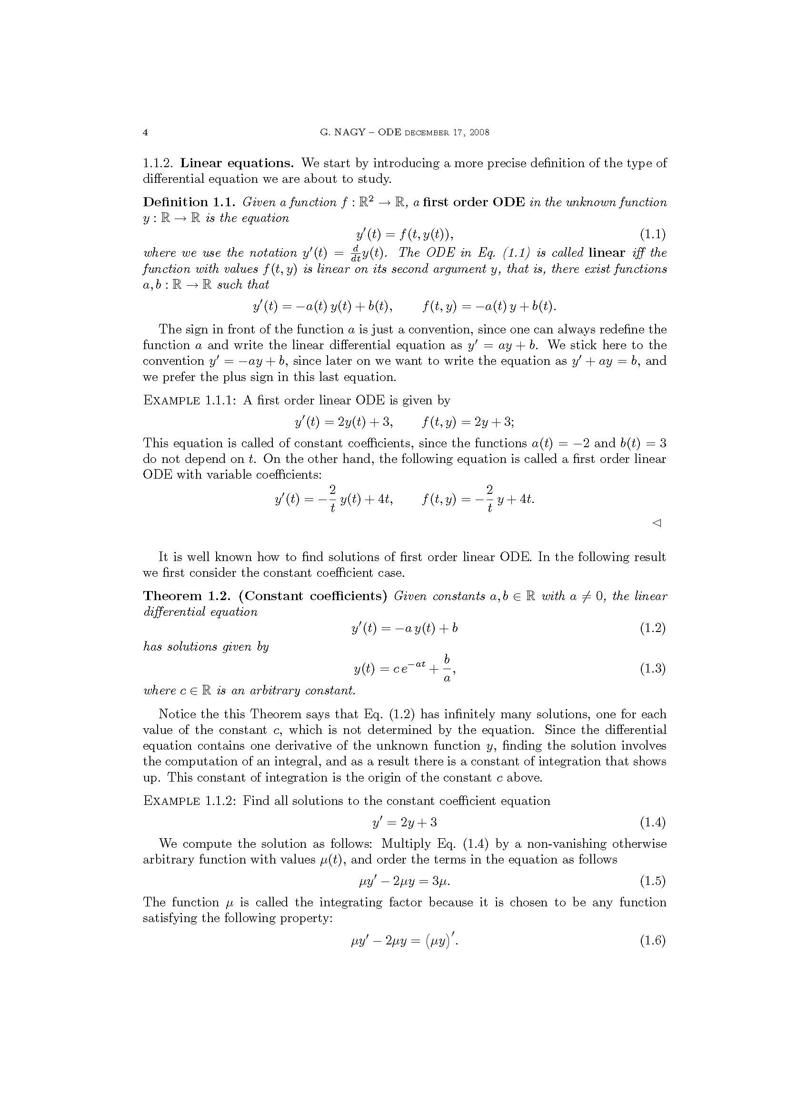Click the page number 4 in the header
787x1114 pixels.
(145, 132)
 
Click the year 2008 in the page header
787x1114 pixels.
(479, 132)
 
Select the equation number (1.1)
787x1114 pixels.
(653, 235)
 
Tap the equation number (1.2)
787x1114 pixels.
(653, 628)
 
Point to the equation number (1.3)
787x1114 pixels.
(653, 669)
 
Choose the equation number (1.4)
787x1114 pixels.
(653, 822)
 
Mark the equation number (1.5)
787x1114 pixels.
(653, 881)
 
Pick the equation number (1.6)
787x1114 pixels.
(653, 941)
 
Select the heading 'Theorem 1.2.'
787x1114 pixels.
(187, 596)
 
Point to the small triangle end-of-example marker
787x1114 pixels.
(657, 523)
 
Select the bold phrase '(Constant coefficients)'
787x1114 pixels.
(312, 596)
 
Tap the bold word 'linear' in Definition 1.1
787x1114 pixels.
(607, 253)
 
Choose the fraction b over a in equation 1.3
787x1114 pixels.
(447, 669)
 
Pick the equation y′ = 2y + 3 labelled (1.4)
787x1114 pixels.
(404, 822)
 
